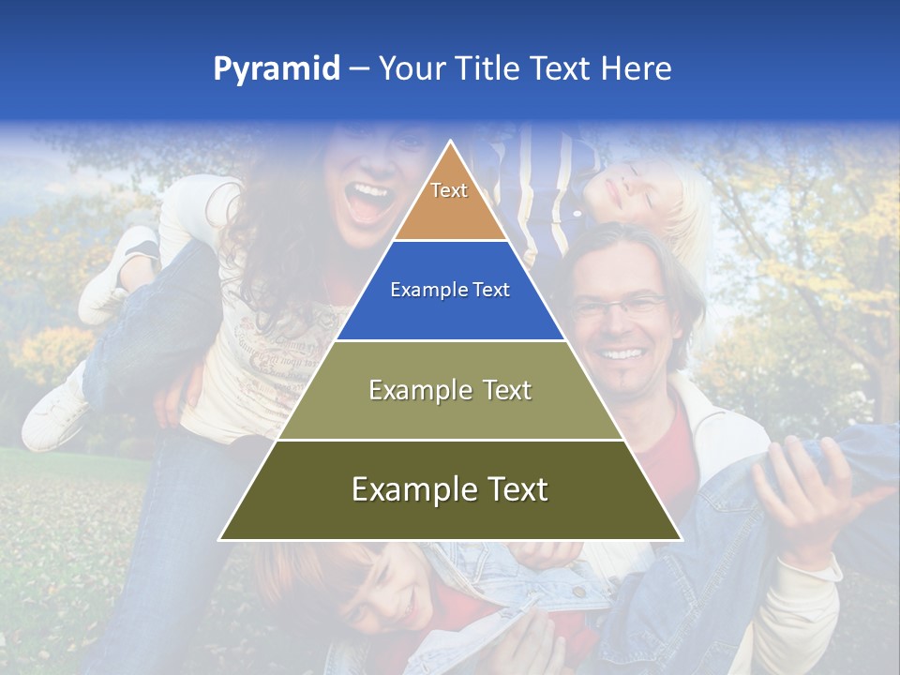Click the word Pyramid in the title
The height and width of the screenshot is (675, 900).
pyautogui.click(x=277, y=69)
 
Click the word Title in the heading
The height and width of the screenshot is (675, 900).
pyautogui.click(x=486, y=68)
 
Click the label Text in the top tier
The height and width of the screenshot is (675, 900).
pyautogui.click(x=449, y=190)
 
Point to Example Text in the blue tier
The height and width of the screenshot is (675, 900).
pyautogui.click(x=450, y=290)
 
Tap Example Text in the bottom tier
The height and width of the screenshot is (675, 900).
pyautogui.click(x=450, y=488)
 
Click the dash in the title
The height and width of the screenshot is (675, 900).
pyautogui.click(x=359, y=69)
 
